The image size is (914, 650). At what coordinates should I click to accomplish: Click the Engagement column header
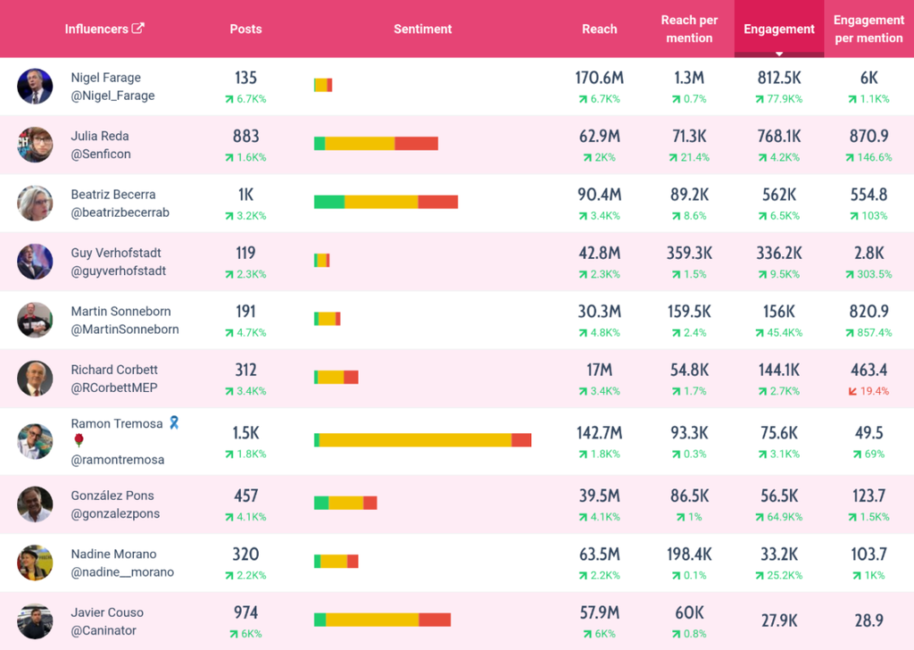click(778, 29)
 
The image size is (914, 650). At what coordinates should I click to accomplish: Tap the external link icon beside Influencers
click(138, 28)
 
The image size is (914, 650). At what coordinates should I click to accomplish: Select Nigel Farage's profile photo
click(35, 87)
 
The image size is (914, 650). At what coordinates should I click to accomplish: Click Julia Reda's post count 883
click(246, 137)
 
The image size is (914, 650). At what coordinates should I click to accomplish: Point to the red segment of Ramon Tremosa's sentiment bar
click(521, 440)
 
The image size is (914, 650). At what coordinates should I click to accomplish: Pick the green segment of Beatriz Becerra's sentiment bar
click(329, 202)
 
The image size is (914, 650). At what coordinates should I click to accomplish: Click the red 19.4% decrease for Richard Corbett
click(868, 391)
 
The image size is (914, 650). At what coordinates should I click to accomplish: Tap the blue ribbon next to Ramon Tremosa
click(174, 422)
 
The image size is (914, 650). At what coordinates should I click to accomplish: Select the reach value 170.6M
click(599, 78)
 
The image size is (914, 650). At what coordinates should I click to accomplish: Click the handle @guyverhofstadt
click(119, 271)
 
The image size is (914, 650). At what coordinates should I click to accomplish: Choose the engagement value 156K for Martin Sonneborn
click(778, 312)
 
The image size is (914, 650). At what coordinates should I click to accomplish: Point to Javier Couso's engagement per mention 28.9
click(868, 621)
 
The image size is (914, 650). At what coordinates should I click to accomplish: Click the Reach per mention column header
click(689, 29)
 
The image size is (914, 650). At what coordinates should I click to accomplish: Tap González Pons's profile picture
click(35, 504)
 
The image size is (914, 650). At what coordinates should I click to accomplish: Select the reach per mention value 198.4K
click(689, 554)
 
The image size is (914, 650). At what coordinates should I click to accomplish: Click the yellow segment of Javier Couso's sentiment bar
click(372, 620)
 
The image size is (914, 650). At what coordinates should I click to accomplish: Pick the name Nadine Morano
click(113, 554)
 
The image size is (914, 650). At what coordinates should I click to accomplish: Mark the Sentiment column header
click(422, 29)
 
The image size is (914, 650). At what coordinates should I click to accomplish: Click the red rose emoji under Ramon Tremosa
click(79, 440)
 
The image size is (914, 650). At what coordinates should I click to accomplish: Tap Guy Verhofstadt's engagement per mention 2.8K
click(868, 253)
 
